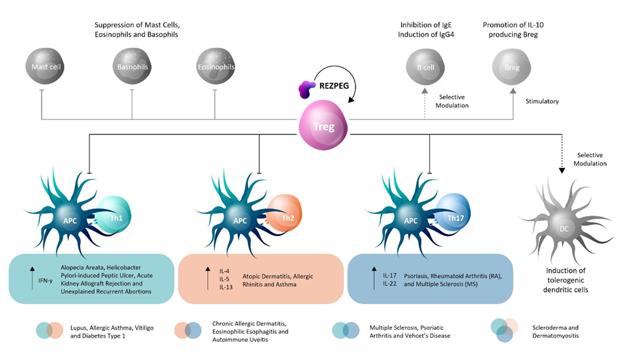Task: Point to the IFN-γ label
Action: coord(46,281)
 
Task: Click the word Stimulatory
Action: coord(542,102)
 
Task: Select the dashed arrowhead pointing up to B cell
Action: coord(424,91)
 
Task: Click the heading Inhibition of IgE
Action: coord(425,25)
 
